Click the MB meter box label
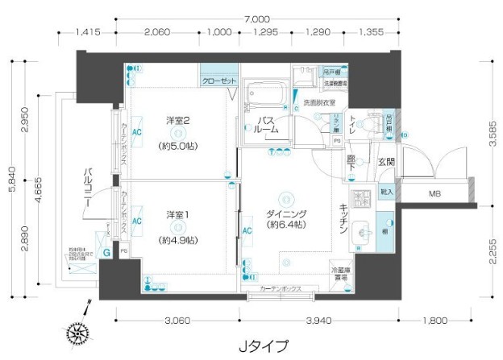point(434,193)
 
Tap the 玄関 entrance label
point(386,162)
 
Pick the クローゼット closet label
point(218,82)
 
